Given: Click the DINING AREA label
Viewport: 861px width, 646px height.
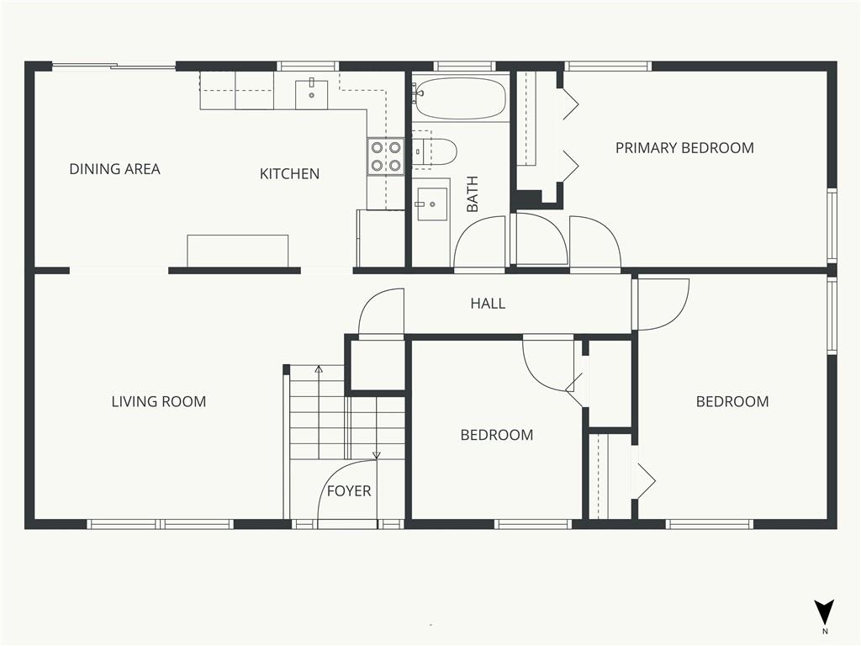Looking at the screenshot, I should point(114,169).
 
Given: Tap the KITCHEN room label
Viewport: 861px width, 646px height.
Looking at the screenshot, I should point(289,174).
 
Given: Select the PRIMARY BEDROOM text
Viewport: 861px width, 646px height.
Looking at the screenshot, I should point(684,148).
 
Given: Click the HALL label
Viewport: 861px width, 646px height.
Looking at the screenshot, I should point(488,304).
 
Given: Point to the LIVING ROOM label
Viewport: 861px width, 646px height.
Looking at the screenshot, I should point(159,402).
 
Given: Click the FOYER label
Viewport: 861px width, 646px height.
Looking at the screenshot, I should point(348,491).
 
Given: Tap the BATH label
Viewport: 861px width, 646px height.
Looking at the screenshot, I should point(473,193).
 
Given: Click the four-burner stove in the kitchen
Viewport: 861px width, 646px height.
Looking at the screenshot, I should point(386,156).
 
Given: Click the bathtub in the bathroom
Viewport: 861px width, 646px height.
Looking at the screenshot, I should point(460,99).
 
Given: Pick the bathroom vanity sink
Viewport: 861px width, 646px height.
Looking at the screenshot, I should point(433,204).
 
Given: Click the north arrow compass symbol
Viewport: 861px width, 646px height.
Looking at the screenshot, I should point(824,612).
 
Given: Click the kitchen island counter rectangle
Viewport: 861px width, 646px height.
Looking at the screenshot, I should point(238,251).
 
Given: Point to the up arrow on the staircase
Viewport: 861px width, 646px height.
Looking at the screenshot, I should point(319,368).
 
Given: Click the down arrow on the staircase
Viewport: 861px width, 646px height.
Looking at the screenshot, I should point(376,455).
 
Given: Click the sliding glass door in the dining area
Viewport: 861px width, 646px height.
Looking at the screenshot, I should point(114,66).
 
